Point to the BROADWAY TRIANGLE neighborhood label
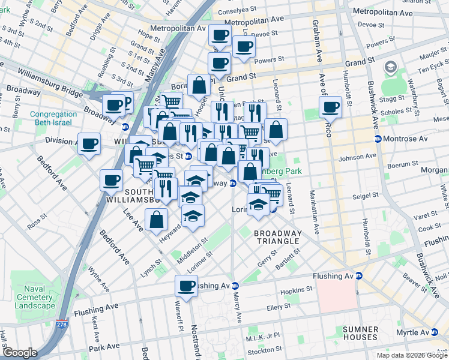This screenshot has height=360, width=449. [276, 237]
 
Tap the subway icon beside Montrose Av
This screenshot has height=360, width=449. [378, 139]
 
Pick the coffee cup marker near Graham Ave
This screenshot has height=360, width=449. [330, 107]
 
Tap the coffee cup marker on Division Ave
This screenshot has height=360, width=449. [89, 143]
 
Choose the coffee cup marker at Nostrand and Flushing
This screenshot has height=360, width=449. [186, 285]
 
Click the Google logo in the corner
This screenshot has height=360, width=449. [20, 353]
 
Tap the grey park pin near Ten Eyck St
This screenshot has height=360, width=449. [393, 68]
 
